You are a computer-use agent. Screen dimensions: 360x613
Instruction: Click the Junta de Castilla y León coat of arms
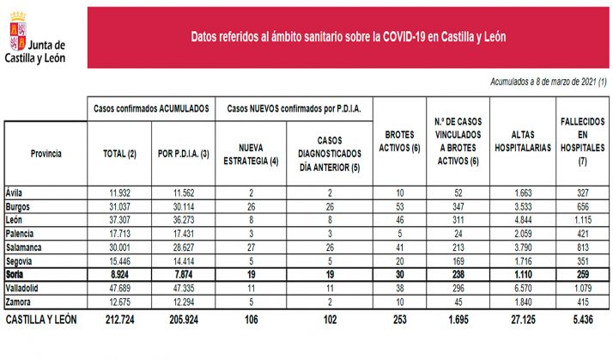(15, 34)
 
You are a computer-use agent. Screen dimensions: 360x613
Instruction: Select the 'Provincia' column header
(46, 153)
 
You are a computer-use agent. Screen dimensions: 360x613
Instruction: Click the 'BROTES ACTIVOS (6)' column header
(398, 142)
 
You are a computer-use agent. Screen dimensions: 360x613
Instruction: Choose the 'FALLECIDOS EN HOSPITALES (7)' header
(582, 142)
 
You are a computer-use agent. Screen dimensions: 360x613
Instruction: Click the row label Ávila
(14, 192)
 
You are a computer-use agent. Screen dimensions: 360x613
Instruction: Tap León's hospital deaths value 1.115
(581, 219)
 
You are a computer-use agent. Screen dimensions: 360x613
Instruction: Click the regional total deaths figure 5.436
(581, 321)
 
